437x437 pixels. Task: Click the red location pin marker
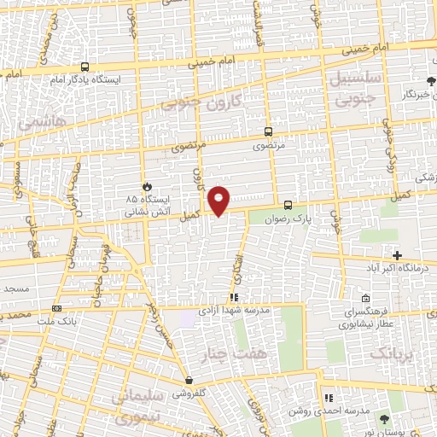point(219,200)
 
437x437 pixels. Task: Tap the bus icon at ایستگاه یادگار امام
point(84,67)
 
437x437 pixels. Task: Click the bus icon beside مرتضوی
point(269,131)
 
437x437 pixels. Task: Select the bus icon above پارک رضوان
point(288,205)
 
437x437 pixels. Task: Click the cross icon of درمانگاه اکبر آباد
point(397,255)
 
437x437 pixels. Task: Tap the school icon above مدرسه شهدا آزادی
point(234,297)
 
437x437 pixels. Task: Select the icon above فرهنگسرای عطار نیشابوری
point(365,299)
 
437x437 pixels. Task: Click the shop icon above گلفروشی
point(189,381)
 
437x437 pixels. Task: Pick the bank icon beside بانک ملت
point(57,308)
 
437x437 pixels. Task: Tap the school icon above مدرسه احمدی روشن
point(328,398)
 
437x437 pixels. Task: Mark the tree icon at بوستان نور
point(382,418)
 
